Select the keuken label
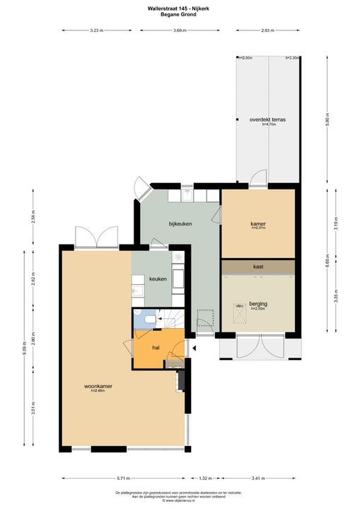[158, 279]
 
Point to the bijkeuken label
[180, 223]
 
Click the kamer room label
[258, 223]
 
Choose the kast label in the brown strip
[258, 267]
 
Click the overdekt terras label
[267, 119]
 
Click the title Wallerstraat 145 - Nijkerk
[180, 8]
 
